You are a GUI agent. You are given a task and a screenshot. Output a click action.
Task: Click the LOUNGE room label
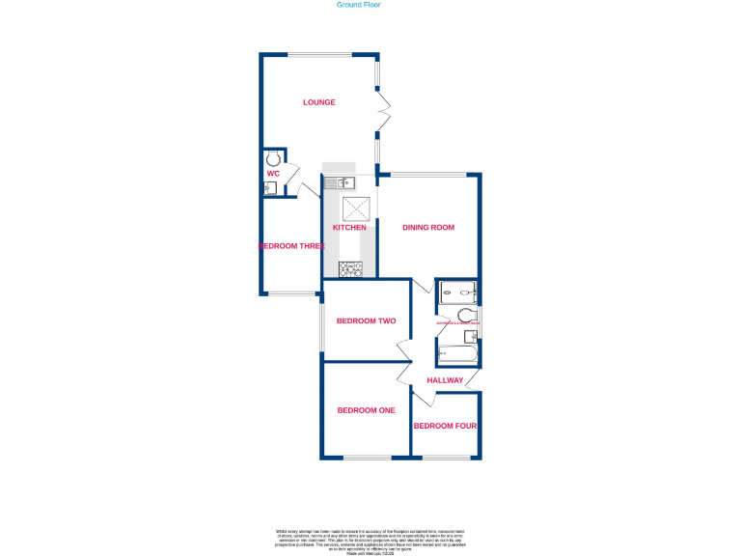[318, 102]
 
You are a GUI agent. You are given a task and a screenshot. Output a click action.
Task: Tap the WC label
[273, 174]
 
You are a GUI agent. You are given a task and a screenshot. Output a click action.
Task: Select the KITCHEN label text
[349, 228]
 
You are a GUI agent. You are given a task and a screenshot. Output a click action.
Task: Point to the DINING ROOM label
[428, 228]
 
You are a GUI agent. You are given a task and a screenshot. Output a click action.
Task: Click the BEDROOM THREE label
[291, 246]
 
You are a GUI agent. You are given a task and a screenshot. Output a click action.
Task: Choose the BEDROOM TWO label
[366, 321]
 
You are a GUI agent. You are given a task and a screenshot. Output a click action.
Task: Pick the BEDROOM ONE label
[366, 410]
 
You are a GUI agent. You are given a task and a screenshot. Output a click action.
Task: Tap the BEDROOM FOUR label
[446, 426]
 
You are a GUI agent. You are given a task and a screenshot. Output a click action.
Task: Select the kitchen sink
[341, 182]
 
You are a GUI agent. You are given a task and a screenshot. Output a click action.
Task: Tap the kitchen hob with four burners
[349, 269]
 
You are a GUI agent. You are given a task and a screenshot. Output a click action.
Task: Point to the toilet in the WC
[274, 157]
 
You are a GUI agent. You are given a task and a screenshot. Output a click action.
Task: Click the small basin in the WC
[270, 188]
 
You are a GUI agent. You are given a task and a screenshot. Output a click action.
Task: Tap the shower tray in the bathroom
[457, 292]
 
